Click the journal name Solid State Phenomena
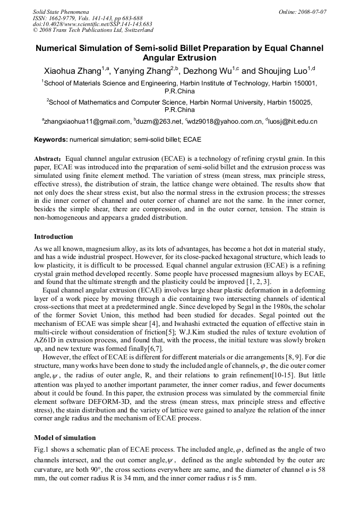click(x=61, y=11)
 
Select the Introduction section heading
click(x=54, y=237)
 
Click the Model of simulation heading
click(x=65, y=438)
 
